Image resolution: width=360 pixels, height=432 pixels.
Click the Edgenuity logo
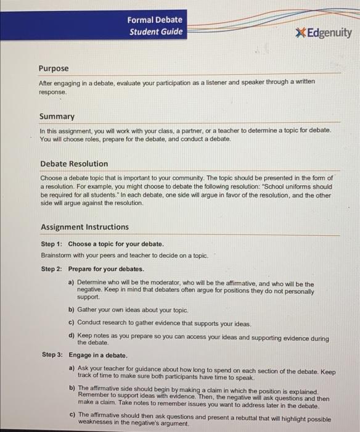(324, 33)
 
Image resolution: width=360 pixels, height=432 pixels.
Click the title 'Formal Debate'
(155, 20)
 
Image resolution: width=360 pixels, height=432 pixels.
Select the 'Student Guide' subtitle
(156, 32)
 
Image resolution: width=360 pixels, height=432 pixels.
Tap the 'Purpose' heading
(54, 69)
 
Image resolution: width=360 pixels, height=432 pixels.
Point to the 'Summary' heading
(57, 116)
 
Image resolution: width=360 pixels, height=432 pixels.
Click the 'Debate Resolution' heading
(74, 164)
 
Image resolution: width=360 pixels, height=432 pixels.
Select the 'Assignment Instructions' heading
(84, 226)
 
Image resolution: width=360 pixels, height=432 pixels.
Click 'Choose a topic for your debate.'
(116, 244)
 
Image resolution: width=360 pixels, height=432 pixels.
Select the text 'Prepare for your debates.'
(106, 269)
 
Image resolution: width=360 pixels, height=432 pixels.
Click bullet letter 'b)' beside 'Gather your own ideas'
(72, 310)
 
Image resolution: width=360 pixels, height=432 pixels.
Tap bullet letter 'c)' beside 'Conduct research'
(72, 323)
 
